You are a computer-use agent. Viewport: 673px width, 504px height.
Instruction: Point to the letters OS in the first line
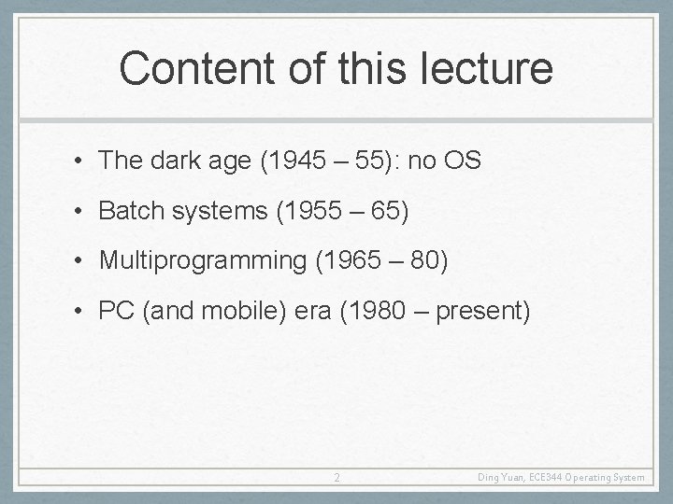coord(462,161)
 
